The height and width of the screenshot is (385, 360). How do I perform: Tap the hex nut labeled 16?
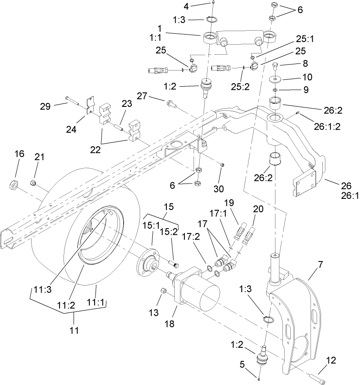[14, 184]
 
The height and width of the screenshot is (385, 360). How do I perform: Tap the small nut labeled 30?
[222, 165]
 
